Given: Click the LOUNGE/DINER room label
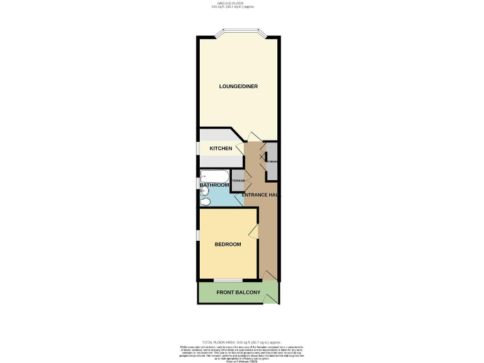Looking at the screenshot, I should (238, 86).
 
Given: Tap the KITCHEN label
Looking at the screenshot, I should (221, 149).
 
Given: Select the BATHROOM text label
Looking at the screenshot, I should (214, 185).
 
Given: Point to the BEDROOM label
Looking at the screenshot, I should (228, 245).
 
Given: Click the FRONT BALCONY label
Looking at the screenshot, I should (238, 293).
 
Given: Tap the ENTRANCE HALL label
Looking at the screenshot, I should (260, 195).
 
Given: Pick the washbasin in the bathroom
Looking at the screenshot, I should (203, 192).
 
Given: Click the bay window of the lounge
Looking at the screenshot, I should (238, 33).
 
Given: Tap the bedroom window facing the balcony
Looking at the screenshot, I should (228, 280).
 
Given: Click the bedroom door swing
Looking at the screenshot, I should (254, 231).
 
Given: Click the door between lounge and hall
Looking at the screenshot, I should (251, 137).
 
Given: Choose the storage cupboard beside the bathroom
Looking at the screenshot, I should (238, 180).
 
